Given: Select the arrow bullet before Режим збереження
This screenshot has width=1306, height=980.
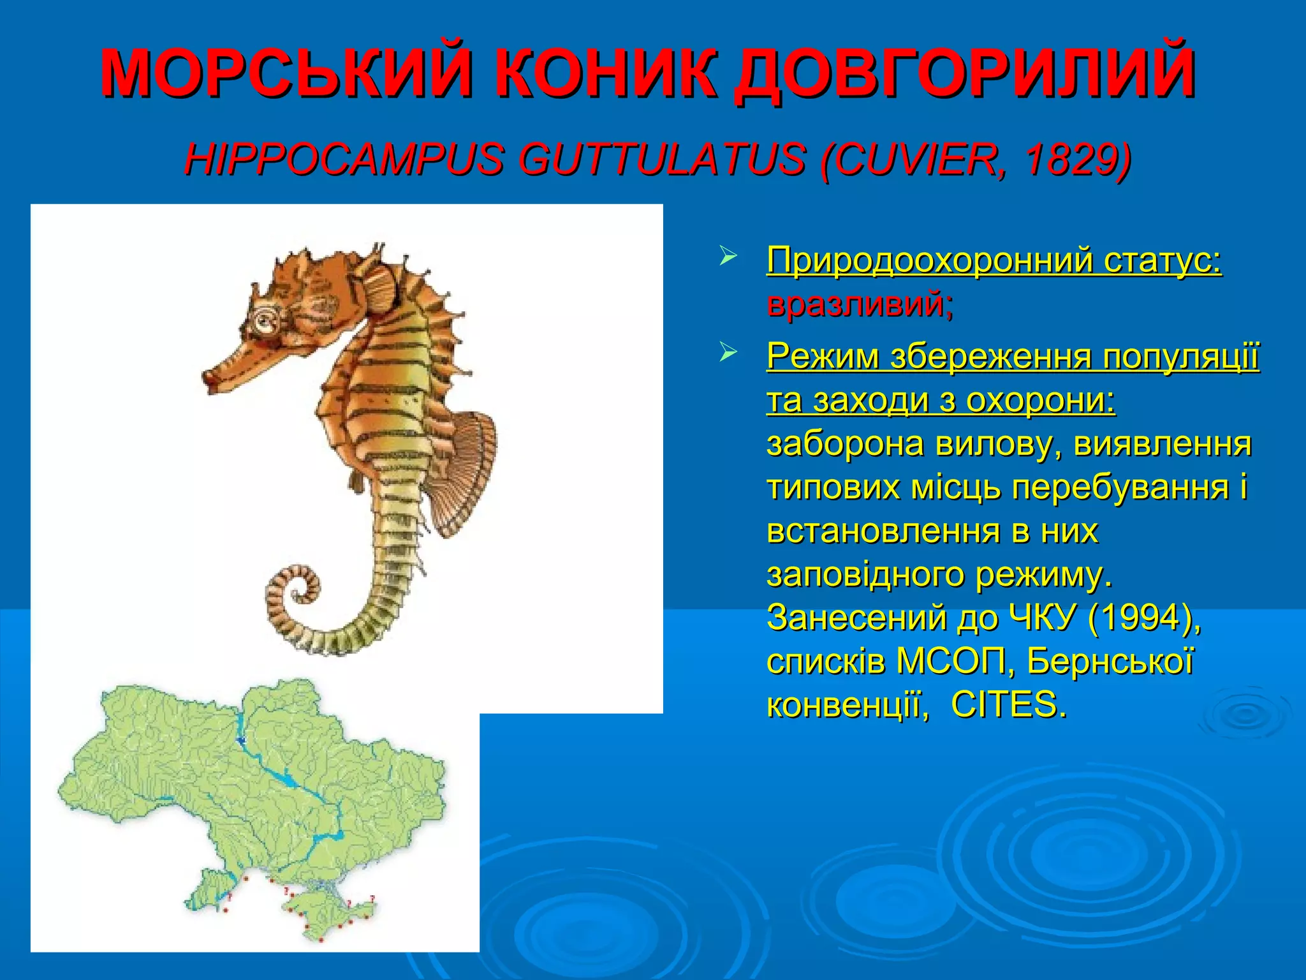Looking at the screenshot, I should tap(728, 352).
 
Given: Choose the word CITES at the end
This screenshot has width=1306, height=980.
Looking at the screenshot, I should tap(1008, 705).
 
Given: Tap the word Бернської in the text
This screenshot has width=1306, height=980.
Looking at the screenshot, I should tap(1110, 662).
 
